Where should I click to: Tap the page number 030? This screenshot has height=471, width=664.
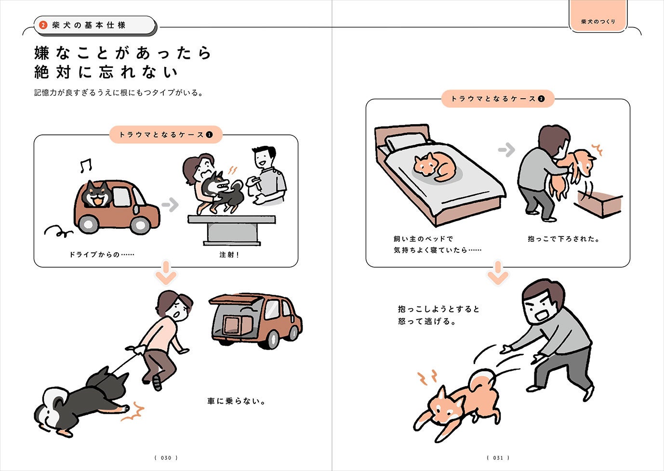[x=166, y=458]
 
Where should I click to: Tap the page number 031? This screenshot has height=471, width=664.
[x=498, y=458]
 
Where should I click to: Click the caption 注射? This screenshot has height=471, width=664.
[x=229, y=255]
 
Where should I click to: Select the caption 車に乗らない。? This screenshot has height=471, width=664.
[x=236, y=401]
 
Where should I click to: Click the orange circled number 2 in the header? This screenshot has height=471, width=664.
[x=43, y=25]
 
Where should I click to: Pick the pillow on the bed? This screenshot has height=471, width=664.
[x=406, y=141]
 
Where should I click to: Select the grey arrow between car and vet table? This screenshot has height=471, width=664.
[x=170, y=204]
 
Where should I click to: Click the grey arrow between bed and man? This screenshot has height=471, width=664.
[x=506, y=150]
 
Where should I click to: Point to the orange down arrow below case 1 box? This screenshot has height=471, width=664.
[x=166, y=273]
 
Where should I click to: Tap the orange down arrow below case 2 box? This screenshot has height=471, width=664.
[x=498, y=273]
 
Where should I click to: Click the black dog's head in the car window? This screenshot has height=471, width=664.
[x=97, y=194]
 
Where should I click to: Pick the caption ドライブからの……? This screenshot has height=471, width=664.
[x=102, y=254]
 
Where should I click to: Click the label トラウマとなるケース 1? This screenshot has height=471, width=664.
[x=166, y=135]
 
